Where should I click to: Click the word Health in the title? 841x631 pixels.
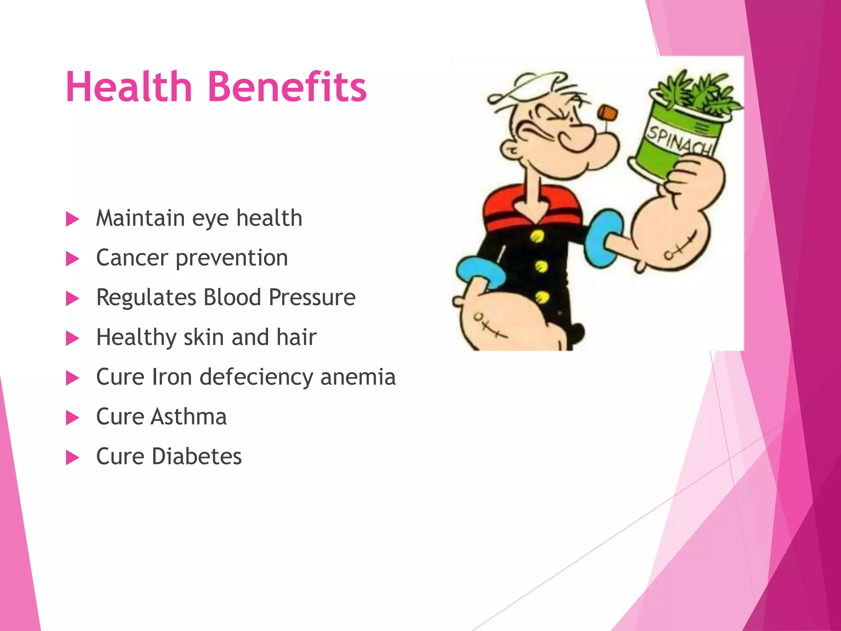pos(129,87)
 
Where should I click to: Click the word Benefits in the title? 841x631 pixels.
pos(287,87)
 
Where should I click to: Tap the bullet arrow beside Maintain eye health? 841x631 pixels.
pos(72,219)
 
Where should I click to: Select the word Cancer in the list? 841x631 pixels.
pos(132,258)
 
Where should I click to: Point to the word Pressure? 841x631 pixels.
pos(312,297)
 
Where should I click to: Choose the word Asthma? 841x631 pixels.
pos(188,417)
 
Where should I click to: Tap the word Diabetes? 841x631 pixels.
pos(197,456)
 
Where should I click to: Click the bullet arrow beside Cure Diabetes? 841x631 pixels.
pos(72,458)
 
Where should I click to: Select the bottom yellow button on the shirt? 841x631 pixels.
pos(542,297)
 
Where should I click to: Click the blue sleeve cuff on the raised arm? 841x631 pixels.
pos(602,236)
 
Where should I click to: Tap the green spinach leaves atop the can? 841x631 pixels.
pos(698,92)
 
